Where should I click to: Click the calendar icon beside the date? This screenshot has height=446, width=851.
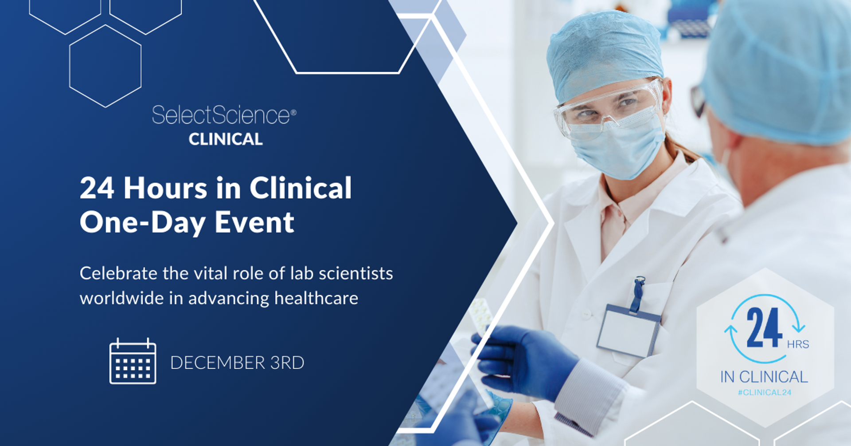tap(133, 361)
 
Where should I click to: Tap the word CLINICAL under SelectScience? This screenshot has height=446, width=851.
tap(226, 139)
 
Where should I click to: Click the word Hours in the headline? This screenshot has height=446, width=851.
tap(165, 188)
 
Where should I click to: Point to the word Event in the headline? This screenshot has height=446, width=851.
tap(254, 222)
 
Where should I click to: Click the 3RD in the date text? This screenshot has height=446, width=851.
tap(287, 363)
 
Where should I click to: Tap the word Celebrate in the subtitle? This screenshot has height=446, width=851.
tap(118, 273)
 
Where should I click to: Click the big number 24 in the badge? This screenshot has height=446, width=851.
tap(764, 328)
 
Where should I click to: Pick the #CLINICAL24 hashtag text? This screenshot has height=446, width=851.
tap(764, 392)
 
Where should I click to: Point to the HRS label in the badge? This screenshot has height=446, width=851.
tap(798, 344)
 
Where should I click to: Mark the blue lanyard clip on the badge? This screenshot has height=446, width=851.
tap(639, 293)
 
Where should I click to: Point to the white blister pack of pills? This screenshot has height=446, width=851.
tap(481, 317)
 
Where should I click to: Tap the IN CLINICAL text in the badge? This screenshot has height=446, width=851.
tap(764, 377)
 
